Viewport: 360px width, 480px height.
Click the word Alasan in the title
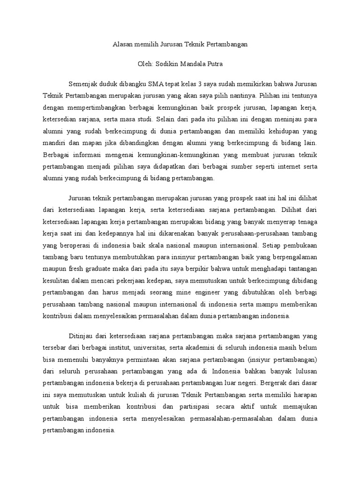(123, 45)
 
